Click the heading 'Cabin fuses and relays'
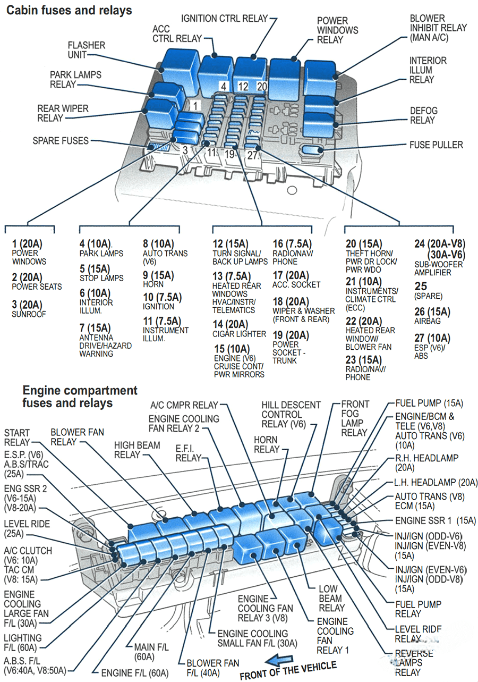coord(69,10)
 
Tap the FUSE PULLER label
coord(436,145)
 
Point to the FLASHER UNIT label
coord(86,50)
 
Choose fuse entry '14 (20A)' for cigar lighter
coord(239,329)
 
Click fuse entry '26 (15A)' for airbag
coord(432,316)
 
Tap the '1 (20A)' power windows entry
coord(29,252)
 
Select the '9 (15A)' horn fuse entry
coord(158,280)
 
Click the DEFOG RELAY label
coord(423,115)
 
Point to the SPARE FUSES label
coord(61,141)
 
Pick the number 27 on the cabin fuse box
coord(252,155)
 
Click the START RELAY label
coord(17,437)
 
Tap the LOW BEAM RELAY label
coord(331,599)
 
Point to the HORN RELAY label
coord(266,444)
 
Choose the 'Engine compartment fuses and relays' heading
coord(80,397)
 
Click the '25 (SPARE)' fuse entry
coord(428,291)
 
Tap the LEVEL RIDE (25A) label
coord(27,528)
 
